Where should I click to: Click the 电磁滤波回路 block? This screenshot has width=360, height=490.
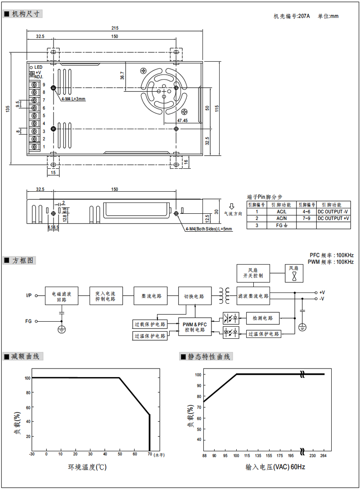click(62, 296)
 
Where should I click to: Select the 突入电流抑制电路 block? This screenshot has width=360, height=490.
click(106, 296)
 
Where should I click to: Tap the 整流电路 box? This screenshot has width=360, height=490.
click(150, 296)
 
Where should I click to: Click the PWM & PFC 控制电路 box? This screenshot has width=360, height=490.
click(195, 327)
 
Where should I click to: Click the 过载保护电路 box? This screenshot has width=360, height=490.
click(150, 324)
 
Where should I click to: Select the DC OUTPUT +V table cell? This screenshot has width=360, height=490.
click(333, 218)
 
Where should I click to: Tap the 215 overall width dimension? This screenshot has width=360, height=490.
click(115, 29)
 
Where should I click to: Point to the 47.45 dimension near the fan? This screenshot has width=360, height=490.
click(183, 121)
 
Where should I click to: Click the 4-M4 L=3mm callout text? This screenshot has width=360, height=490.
click(73, 99)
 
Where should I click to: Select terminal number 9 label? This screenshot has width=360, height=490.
click(44, 85)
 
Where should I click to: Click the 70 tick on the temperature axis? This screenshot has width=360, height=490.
click(149, 454)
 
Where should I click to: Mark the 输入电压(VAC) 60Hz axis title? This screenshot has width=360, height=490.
click(275, 467)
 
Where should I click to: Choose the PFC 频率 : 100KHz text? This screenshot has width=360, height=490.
click(331, 255)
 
